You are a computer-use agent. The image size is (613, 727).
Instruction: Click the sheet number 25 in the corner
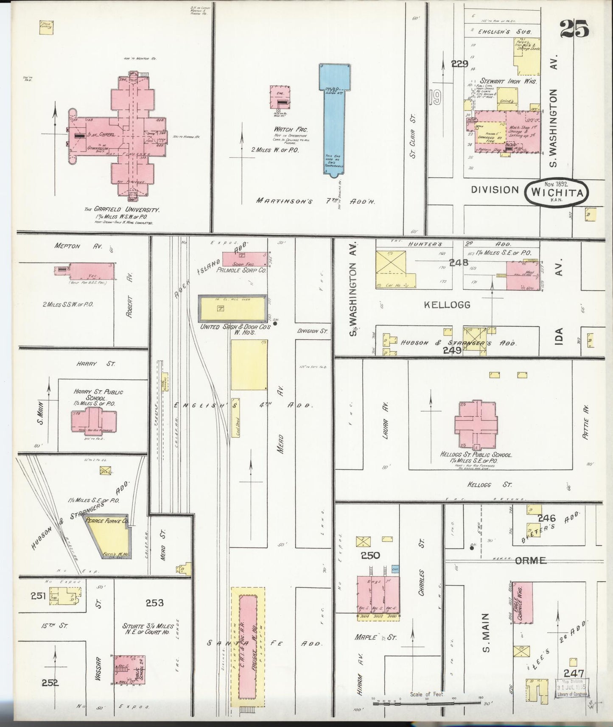click(574, 30)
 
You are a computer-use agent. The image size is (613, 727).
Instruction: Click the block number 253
click(154, 603)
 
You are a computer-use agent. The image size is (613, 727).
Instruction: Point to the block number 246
click(546, 518)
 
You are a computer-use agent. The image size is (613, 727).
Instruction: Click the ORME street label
click(530, 561)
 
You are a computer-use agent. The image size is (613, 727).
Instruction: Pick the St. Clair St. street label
click(414, 136)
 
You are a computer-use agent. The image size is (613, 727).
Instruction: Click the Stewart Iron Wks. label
click(509, 81)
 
